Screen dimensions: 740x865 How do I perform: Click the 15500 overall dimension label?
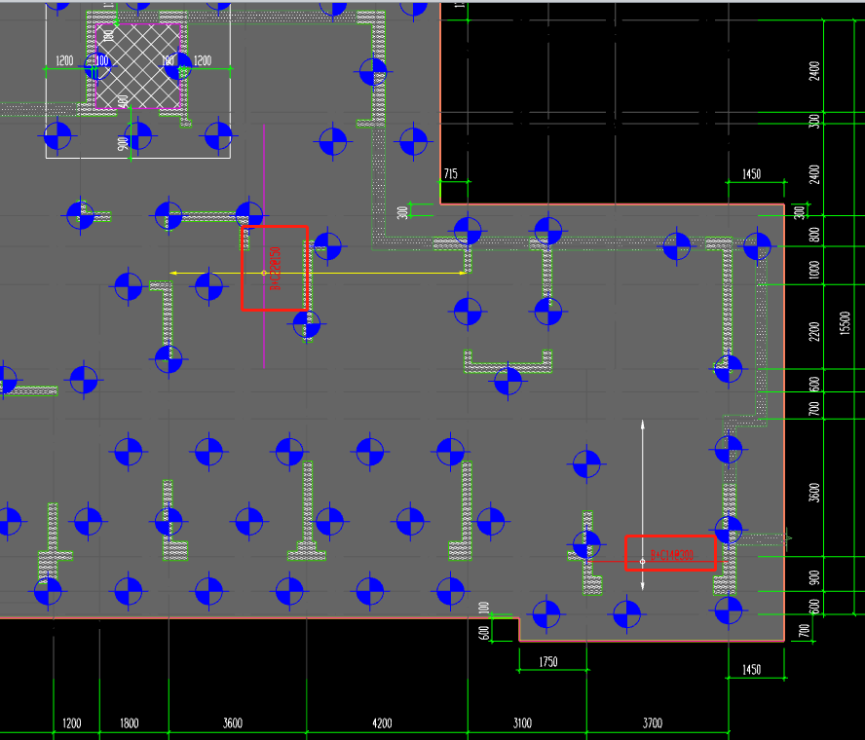point(845,321)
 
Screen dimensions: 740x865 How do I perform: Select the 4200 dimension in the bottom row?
point(382,722)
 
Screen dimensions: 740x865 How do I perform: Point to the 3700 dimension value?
point(652,722)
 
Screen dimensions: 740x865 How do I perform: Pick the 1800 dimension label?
point(129,722)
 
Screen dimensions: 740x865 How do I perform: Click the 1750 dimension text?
point(548,662)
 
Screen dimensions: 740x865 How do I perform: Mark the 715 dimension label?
point(450,174)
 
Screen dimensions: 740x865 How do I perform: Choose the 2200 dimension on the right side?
point(814,331)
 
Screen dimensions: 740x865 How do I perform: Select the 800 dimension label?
point(814,235)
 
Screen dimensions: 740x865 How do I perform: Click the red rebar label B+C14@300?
point(671,556)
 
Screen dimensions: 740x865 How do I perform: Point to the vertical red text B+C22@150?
point(276,269)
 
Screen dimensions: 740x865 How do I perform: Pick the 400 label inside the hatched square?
point(123,100)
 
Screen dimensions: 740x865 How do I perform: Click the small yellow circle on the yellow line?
point(264,273)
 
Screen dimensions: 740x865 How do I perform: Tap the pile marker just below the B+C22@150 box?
point(308,325)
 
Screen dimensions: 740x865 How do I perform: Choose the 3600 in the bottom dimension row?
point(233,722)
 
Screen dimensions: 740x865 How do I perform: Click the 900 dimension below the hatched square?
point(123,143)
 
